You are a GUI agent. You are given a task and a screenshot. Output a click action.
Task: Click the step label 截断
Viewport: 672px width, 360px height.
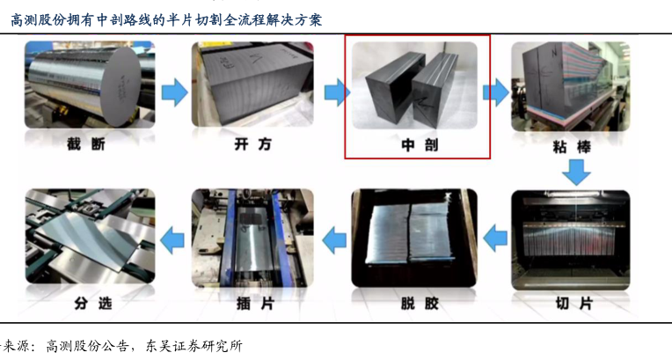pyautogui.click(x=90, y=143)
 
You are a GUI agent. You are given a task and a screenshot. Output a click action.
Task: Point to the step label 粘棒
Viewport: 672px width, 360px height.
pyautogui.click(x=572, y=143)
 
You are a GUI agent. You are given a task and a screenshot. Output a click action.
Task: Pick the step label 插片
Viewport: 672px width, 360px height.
pyautogui.click(x=250, y=304)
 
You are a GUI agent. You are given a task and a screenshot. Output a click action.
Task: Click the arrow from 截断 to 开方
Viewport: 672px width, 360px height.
pyautogui.click(x=176, y=90)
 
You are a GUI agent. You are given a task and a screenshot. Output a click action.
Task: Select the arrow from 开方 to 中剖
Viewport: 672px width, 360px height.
pyautogui.click(x=334, y=90)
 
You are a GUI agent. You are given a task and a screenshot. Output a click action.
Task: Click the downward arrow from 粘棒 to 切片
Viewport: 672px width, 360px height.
pyautogui.click(x=576, y=173)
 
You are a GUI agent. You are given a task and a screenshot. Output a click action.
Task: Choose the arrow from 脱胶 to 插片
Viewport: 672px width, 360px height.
pyautogui.click(x=334, y=235)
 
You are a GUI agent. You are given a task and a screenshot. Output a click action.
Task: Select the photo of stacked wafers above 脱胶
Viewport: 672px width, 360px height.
pyautogui.click(x=413, y=235)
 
